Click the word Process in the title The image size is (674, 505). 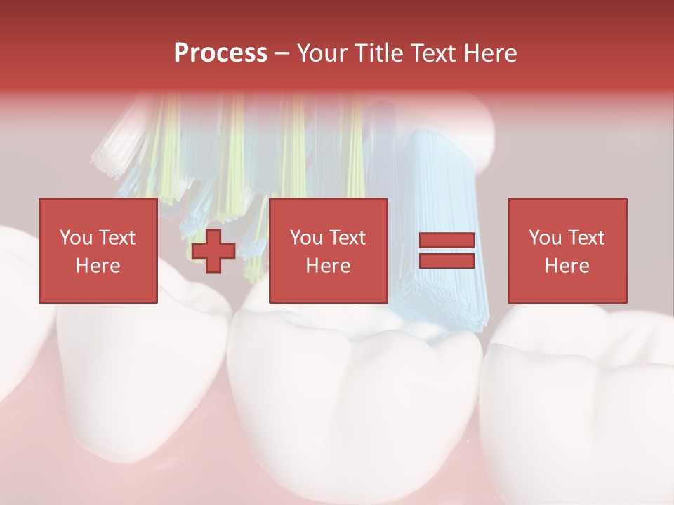pos(220,53)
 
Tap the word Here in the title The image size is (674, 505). pos(489,53)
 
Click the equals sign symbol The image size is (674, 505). pos(447,250)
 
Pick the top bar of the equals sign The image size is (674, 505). pos(447,241)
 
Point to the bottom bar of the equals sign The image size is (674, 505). pos(447,260)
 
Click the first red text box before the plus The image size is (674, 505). pos(98,250)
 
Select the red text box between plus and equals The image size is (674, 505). pos(328,250)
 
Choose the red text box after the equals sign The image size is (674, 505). pos(567,250)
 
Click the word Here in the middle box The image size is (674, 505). pos(328,266)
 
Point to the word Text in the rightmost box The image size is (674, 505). pos(587,238)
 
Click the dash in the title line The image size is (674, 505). pos(282,53)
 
